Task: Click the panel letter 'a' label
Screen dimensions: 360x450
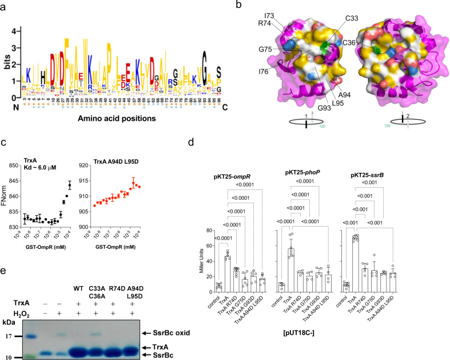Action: pyautogui.click(x=5, y=5)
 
